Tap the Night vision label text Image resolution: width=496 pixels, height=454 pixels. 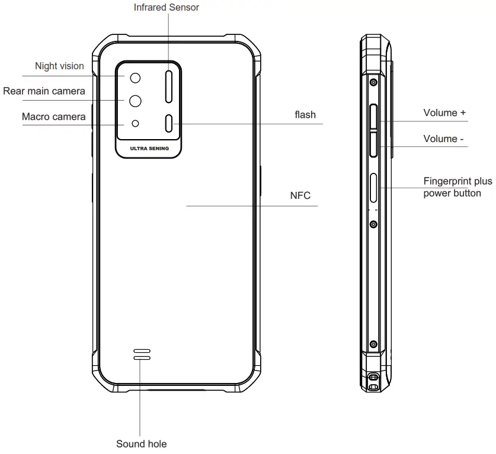click(59, 66)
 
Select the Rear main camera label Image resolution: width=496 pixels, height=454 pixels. click(44, 91)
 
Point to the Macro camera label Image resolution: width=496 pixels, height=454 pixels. click(53, 117)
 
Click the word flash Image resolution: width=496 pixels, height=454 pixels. click(305, 114)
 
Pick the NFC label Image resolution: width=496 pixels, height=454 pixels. click(300, 195)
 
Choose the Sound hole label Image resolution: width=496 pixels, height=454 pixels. click(141, 443)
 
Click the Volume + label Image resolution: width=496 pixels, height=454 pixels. click(440, 112)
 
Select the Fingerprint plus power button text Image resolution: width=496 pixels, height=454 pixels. click(457, 187)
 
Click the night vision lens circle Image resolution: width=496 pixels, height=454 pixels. click(136, 78)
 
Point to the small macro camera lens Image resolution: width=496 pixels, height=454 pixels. click(136, 123)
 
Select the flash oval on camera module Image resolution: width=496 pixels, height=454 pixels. click(169, 123)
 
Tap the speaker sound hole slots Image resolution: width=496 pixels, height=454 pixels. click(142, 354)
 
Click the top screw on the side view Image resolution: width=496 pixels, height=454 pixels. click(373, 81)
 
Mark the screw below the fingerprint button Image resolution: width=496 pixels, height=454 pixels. click(373, 224)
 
